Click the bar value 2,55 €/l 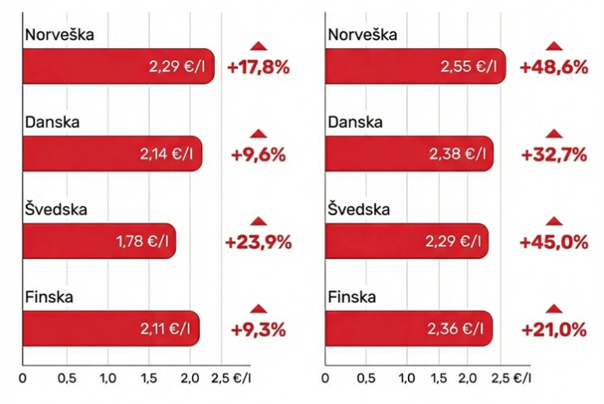[x=414, y=66]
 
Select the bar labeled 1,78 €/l [x=98, y=241]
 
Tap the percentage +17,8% [x=259, y=67]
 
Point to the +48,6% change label [x=554, y=67]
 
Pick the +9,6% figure [x=259, y=154]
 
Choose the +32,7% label [x=554, y=154]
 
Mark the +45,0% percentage [x=554, y=242]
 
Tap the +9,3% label [x=258, y=329]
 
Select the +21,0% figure [x=554, y=329]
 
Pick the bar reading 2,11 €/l [x=110, y=329]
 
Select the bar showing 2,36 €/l [x=408, y=329]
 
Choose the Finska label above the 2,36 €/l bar [x=351, y=297]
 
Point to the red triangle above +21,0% [x=554, y=308]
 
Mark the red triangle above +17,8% [x=259, y=46]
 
